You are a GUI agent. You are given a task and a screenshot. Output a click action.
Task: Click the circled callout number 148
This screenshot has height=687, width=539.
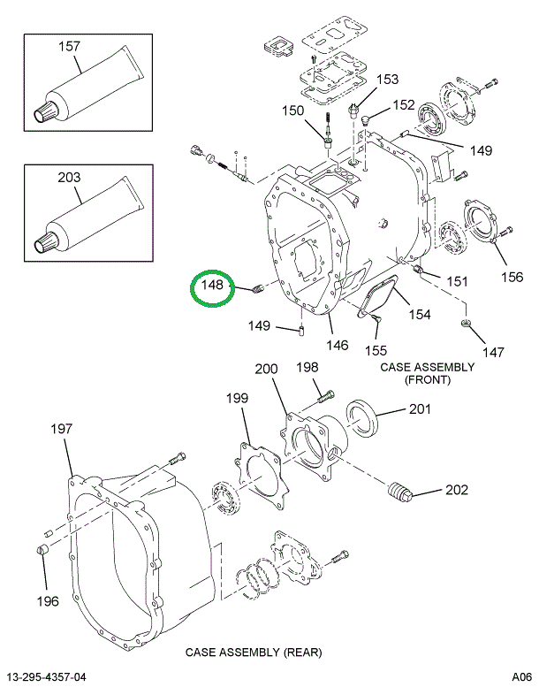(213, 286)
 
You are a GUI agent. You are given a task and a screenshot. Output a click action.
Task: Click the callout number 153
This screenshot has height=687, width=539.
(388, 80)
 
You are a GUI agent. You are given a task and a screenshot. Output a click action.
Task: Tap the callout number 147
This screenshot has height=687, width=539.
(493, 352)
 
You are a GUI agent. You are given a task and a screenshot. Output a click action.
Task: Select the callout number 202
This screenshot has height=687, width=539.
(457, 490)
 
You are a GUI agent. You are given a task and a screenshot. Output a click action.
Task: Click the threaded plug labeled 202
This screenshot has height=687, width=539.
(402, 491)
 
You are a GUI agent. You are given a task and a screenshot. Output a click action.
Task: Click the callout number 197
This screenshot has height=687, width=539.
(60, 429)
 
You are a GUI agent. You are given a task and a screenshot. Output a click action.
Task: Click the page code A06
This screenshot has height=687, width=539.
(521, 677)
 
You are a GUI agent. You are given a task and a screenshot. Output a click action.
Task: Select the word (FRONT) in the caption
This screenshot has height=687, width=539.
(428, 379)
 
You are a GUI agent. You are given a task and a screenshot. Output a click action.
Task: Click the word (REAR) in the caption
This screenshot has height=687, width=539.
(301, 653)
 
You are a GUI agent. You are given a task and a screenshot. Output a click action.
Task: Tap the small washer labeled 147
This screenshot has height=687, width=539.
(465, 325)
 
